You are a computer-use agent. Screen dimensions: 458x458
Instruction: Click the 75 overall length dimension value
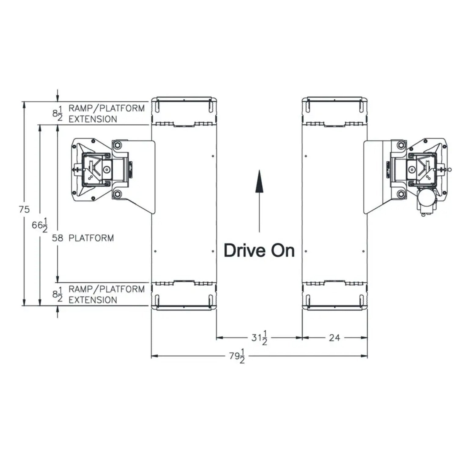(x=24, y=210)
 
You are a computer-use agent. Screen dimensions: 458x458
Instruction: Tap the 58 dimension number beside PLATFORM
(x=57, y=238)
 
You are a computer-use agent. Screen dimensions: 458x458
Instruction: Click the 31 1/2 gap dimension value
(x=259, y=338)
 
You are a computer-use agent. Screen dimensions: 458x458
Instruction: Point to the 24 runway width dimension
(x=334, y=338)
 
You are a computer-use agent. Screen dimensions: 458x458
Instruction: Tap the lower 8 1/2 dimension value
(x=57, y=295)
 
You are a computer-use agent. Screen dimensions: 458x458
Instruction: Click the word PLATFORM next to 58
(x=91, y=238)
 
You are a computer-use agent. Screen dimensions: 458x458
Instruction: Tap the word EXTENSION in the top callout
(x=93, y=119)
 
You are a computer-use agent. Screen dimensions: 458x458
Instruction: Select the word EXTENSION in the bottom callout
(x=93, y=300)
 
